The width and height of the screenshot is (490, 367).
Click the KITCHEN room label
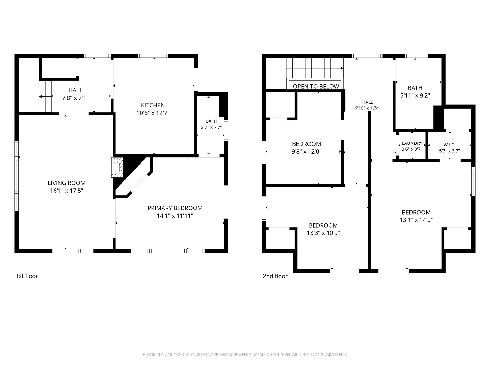[153, 105]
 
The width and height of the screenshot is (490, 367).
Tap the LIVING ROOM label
[66, 183]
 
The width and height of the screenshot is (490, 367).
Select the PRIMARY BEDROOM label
[175, 208]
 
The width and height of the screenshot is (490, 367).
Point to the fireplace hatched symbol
[117, 167]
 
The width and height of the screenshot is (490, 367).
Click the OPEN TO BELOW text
[316, 87]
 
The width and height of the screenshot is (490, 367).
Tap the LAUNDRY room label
[412, 143]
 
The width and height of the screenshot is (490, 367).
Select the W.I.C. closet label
[449, 145]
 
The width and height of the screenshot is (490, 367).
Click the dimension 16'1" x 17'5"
[66, 191]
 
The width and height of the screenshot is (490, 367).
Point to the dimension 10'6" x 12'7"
[153, 113]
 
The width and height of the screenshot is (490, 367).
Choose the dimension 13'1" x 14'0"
[416, 220]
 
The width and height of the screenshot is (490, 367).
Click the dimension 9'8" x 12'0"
[307, 151]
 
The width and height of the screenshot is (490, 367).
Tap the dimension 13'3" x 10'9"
[323, 233]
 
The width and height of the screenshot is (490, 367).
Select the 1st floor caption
[27, 276]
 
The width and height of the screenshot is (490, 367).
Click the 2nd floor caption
[275, 276]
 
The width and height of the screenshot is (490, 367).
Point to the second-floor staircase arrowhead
[342, 68]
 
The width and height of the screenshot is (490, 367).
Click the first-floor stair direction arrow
[46, 96]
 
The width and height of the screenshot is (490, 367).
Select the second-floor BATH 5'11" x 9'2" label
[415, 91]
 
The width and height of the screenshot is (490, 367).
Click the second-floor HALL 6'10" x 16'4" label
[367, 105]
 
